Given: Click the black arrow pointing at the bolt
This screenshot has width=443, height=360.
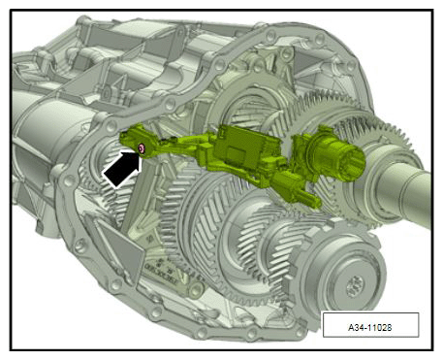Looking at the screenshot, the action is tap(122, 169).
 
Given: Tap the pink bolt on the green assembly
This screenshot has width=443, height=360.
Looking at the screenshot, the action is tap(142, 148).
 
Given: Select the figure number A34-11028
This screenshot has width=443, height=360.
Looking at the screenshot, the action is tap(370, 327).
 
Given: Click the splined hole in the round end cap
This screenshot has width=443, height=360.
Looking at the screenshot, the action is tap(355, 287).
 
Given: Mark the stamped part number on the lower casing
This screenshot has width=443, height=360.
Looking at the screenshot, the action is tap(162, 276).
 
